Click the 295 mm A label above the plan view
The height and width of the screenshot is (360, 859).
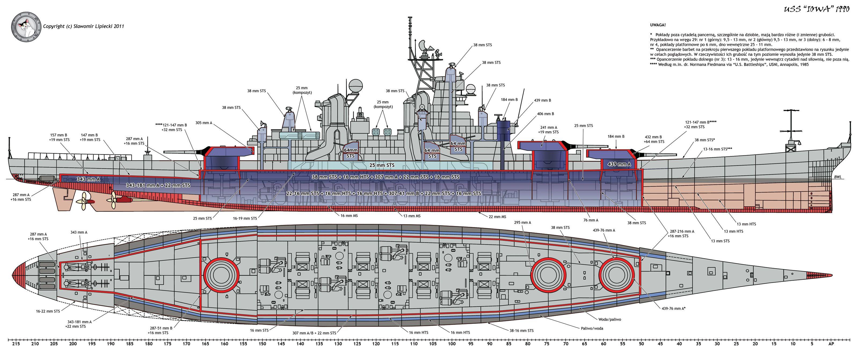point(522,223)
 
